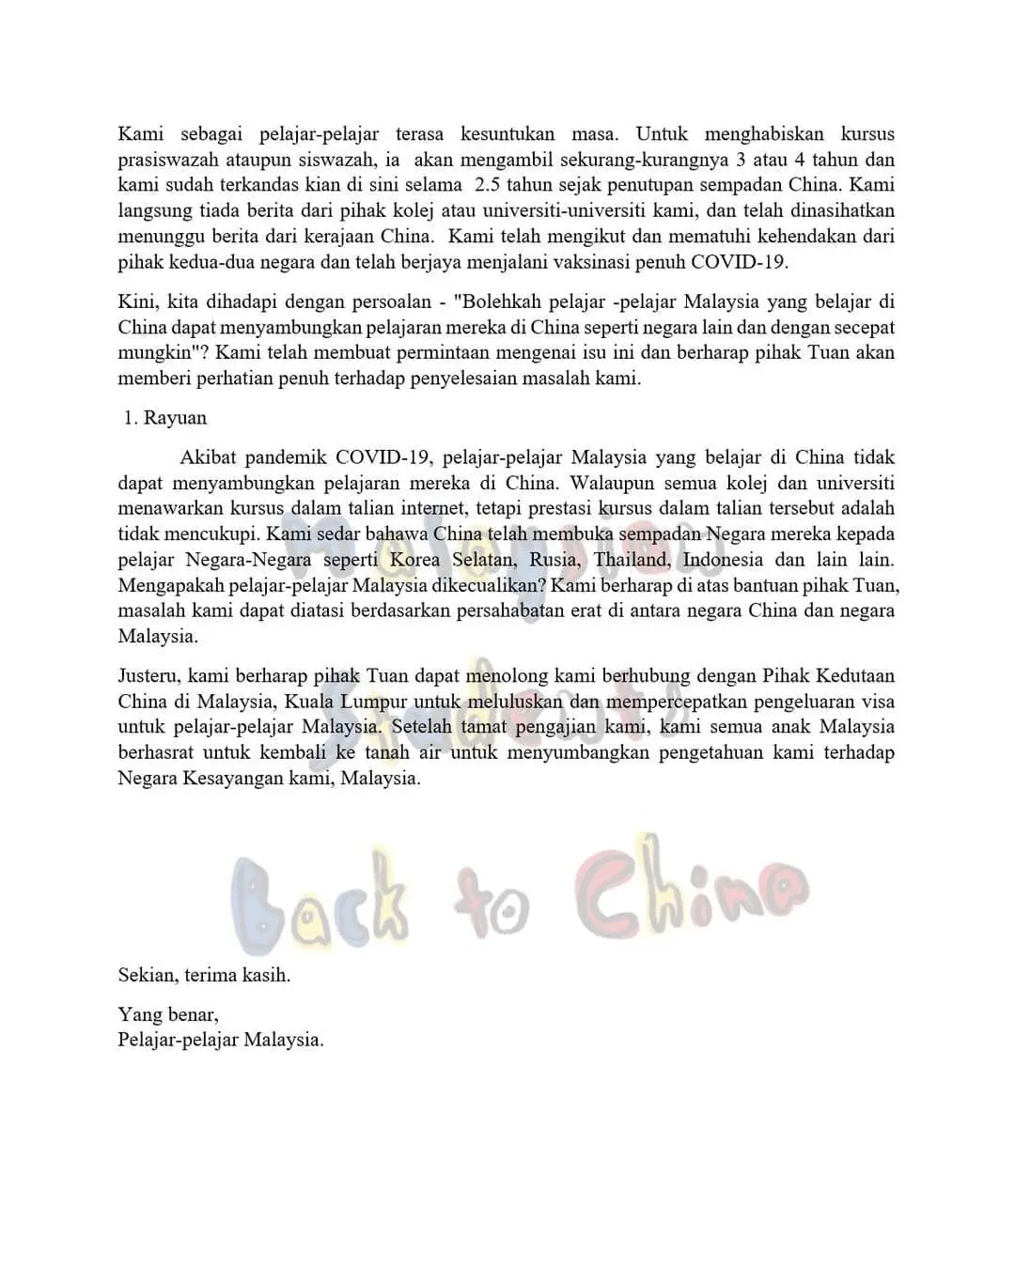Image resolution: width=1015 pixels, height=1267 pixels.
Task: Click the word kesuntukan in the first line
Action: (507, 134)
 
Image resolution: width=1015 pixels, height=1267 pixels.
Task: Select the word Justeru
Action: (149, 676)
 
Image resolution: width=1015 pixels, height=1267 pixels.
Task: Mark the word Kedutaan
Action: (856, 676)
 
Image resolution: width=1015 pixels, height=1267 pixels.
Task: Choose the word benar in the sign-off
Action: (193, 1015)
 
